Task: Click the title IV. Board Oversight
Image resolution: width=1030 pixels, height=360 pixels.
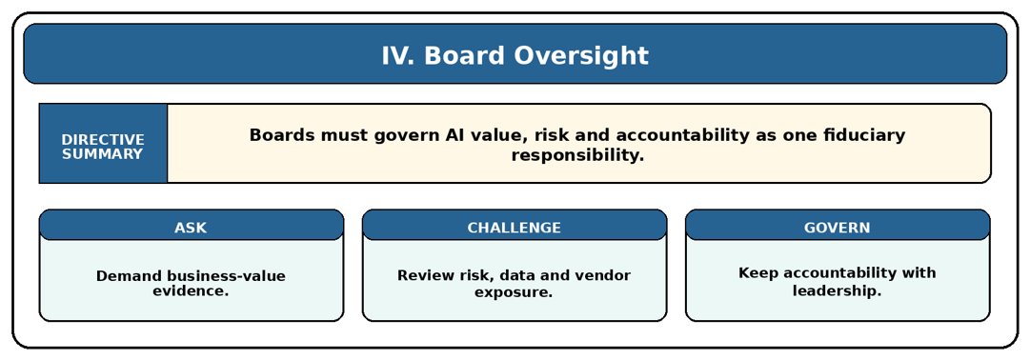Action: click(515, 56)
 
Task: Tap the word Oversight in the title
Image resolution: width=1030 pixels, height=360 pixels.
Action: click(581, 56)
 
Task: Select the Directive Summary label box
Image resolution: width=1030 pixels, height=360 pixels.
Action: click(103, 143)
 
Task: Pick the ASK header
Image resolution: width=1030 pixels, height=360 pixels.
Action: click(191, 228)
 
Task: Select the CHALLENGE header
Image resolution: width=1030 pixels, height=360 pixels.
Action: click(515, 228)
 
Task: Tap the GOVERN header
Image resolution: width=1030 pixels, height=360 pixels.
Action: click(837, 228)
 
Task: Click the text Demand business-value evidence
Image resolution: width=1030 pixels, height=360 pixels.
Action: click(192, 283)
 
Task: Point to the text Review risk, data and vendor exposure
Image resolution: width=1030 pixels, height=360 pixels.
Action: click(515, 283)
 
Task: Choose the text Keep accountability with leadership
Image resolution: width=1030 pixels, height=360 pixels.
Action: click(837, 281)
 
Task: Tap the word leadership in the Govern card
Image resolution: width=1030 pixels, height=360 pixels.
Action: click(837, 290)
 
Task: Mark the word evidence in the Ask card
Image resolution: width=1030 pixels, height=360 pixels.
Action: click(192, 291)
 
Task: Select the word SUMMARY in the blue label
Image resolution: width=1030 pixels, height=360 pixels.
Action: click(103, 154)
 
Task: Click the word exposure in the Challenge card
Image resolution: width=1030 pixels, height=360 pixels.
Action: click(515, 291)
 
